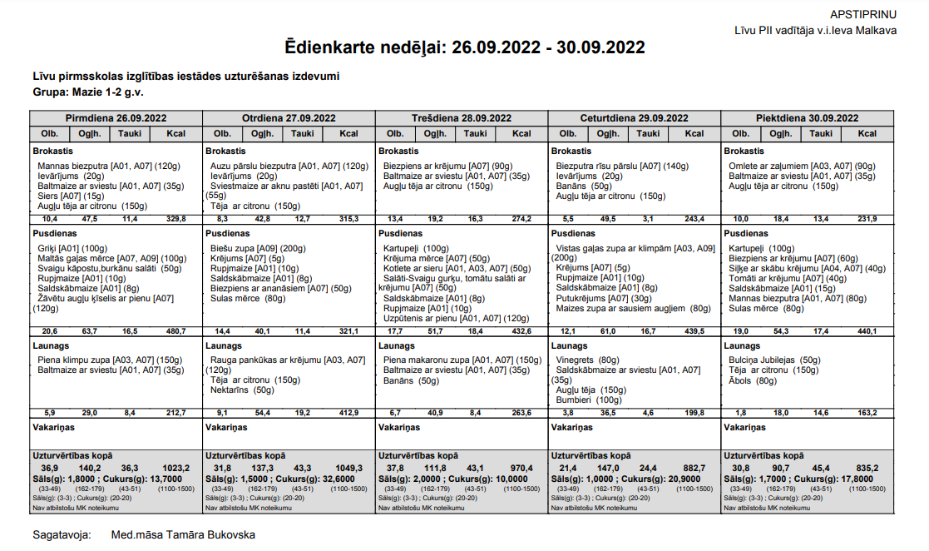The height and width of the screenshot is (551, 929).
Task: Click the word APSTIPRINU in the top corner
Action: coord(863,14)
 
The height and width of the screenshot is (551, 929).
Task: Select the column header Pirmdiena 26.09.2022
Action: coord(116,118)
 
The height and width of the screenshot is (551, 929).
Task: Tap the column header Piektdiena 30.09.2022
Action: coord(807,118)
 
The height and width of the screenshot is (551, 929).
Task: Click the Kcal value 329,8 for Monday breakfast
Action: coord(176,219)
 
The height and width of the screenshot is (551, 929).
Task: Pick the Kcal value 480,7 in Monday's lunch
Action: coord(176,331)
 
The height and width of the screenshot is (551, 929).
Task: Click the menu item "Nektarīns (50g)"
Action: coord(241,390)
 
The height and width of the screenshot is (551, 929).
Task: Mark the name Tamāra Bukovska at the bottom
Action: coord(209,534)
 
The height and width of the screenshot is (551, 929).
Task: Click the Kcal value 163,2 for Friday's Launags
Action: coord(867,412)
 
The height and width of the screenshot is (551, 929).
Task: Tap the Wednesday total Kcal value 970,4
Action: coord(521,468)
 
